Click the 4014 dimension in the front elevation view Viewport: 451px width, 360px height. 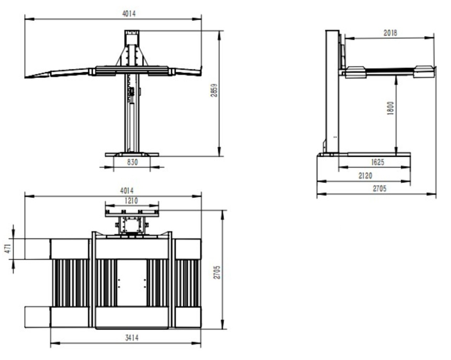pyautogui.click(x=129, y=14)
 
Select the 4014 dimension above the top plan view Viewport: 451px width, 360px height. pyautogui.click(x=127, y=191)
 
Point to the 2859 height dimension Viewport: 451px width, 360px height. pyautogui.click(x=214, y=90)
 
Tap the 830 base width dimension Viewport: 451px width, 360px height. pyautogui.click(x=132, y=162)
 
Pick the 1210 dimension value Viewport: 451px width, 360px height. pyautogui.click(x=131, y=201)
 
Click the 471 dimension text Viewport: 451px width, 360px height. pyautogui.click(x=8, y=248)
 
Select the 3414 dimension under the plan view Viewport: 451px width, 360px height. pyautogui.click(x=131, y=338)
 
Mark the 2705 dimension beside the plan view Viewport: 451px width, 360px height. pyautogui.click(x=217, y=272)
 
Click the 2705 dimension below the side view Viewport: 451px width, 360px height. pyautogui.click(x=380, y=189)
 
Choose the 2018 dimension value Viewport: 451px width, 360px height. pyautogui.click(x=390, y=33)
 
